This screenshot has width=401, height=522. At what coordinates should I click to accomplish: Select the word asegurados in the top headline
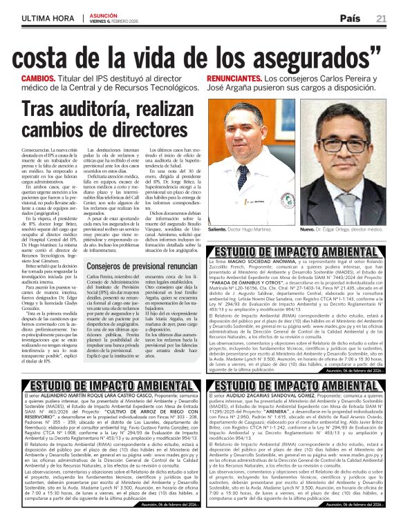point(294,55)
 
